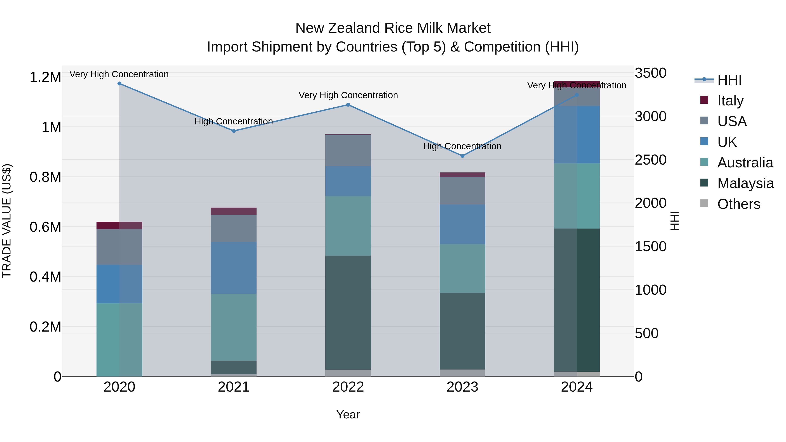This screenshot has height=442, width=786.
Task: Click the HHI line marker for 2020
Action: (x=119, y=84)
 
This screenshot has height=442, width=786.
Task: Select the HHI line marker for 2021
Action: (x=234, y=131)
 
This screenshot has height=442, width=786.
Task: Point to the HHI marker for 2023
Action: (x=462, y=156)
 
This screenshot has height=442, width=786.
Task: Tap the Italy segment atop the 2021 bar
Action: (x=234, y=211)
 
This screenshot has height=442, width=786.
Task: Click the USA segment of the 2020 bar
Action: (x=119, y=247)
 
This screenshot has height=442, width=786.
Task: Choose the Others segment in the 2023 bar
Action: (x=462, y=373)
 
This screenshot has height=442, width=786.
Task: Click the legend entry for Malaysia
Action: (x=745, y=183)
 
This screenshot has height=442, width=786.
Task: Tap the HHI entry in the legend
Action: (x=729, y=80)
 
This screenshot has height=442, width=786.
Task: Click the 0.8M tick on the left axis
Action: (x=45, y=177)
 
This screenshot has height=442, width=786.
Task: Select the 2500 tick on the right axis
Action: (x=651, y=160)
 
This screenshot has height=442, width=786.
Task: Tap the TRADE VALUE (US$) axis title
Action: (x=7, y=221)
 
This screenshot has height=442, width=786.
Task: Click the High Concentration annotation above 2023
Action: (x=462, y=146)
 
